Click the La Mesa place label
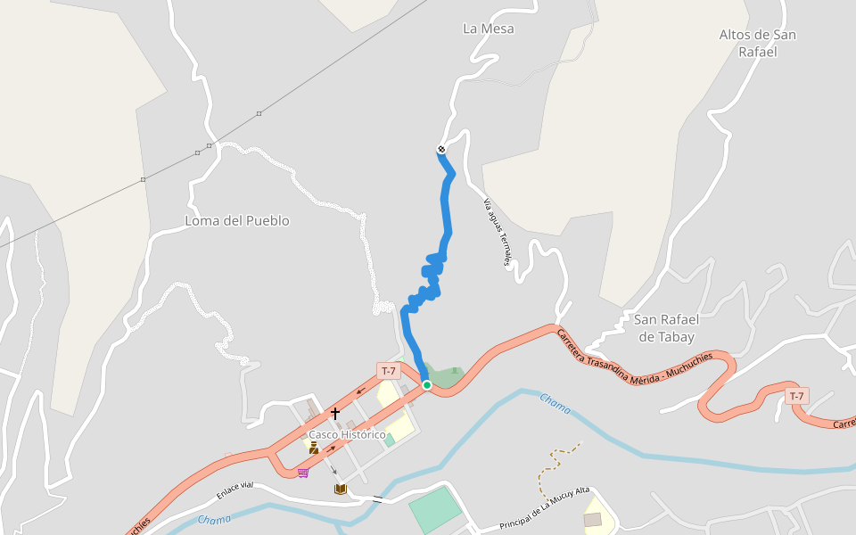(x=489, y=29)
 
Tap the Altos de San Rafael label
(x=758, y=43)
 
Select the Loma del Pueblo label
(x=237, y=220)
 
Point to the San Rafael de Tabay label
(x=666, y=327)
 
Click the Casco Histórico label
(x=347, y=434)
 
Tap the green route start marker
(x=427, y=385)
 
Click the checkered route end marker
(x=441, y=149)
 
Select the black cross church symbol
(x=335, y=414)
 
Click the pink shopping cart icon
(x=303, y=472)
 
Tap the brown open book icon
(x=340, y=489)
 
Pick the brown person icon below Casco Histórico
(x=314, y=448)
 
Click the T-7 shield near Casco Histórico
(x=388, y=371)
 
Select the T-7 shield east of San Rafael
(x=796, y=396)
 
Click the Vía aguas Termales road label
(x=498, y=232)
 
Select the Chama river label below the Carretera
(x=555, y=404)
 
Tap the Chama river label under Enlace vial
(x=214, y=519)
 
